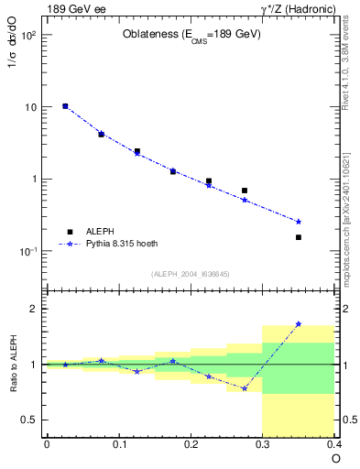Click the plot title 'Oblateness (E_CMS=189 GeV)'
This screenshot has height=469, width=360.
(x=191, y=35)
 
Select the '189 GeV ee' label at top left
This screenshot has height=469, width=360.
(x=78, y=9)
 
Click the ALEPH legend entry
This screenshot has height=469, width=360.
(x=96, y=232)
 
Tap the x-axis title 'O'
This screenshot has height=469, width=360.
(x=335, y=458)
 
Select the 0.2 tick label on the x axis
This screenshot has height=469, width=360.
(x=191, y=444)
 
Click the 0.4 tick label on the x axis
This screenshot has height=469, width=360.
(x=333, y=444)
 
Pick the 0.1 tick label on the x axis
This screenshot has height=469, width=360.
(x=118, y=444)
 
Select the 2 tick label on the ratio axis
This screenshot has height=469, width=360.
(x=34, y=309)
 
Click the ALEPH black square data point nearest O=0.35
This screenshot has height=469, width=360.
(x=299, y=237)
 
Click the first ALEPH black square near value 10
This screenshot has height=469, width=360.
(x=65, y=106)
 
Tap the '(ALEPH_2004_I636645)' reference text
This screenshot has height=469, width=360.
(x=191, y=274)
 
